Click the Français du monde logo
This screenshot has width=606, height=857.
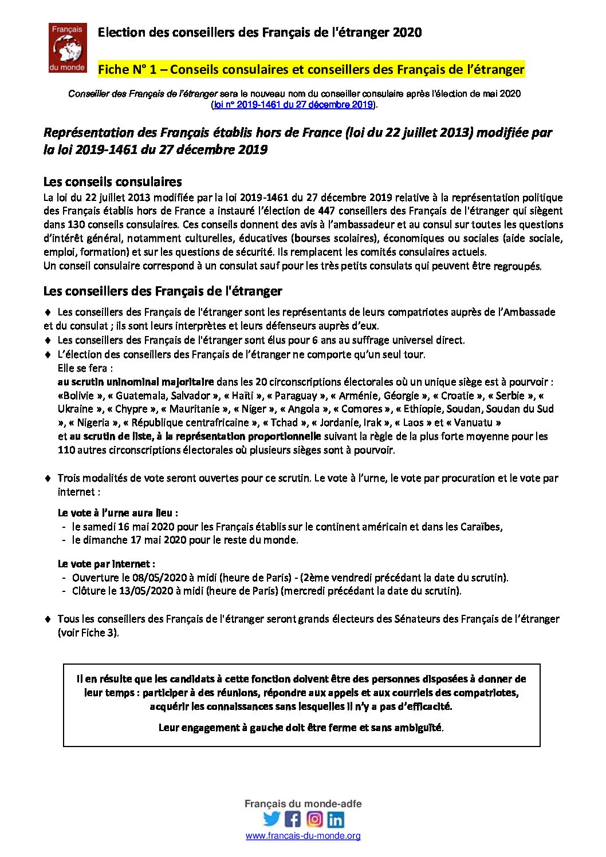coord(68,48)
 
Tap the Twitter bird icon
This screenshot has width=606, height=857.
coord(272,819)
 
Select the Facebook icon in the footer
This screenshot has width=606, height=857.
coord(293,819)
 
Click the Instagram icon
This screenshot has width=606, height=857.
coord(314,819)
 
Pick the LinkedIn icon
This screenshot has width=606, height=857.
coord(336,819)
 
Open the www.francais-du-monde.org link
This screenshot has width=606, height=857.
coord(303,836)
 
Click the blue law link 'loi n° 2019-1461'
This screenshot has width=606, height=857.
coord(293,105)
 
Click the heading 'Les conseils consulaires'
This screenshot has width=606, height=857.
coord(113,182)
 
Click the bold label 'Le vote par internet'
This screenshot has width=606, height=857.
coord(106,564)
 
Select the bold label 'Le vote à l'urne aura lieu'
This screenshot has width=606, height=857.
coord(117,513)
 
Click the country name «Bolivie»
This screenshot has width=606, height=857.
coord(80,396)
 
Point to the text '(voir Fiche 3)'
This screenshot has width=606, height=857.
coord(88,633)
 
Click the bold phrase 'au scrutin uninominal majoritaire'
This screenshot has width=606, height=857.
coord(136,382)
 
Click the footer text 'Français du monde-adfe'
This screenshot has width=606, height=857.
coord(303,804)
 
